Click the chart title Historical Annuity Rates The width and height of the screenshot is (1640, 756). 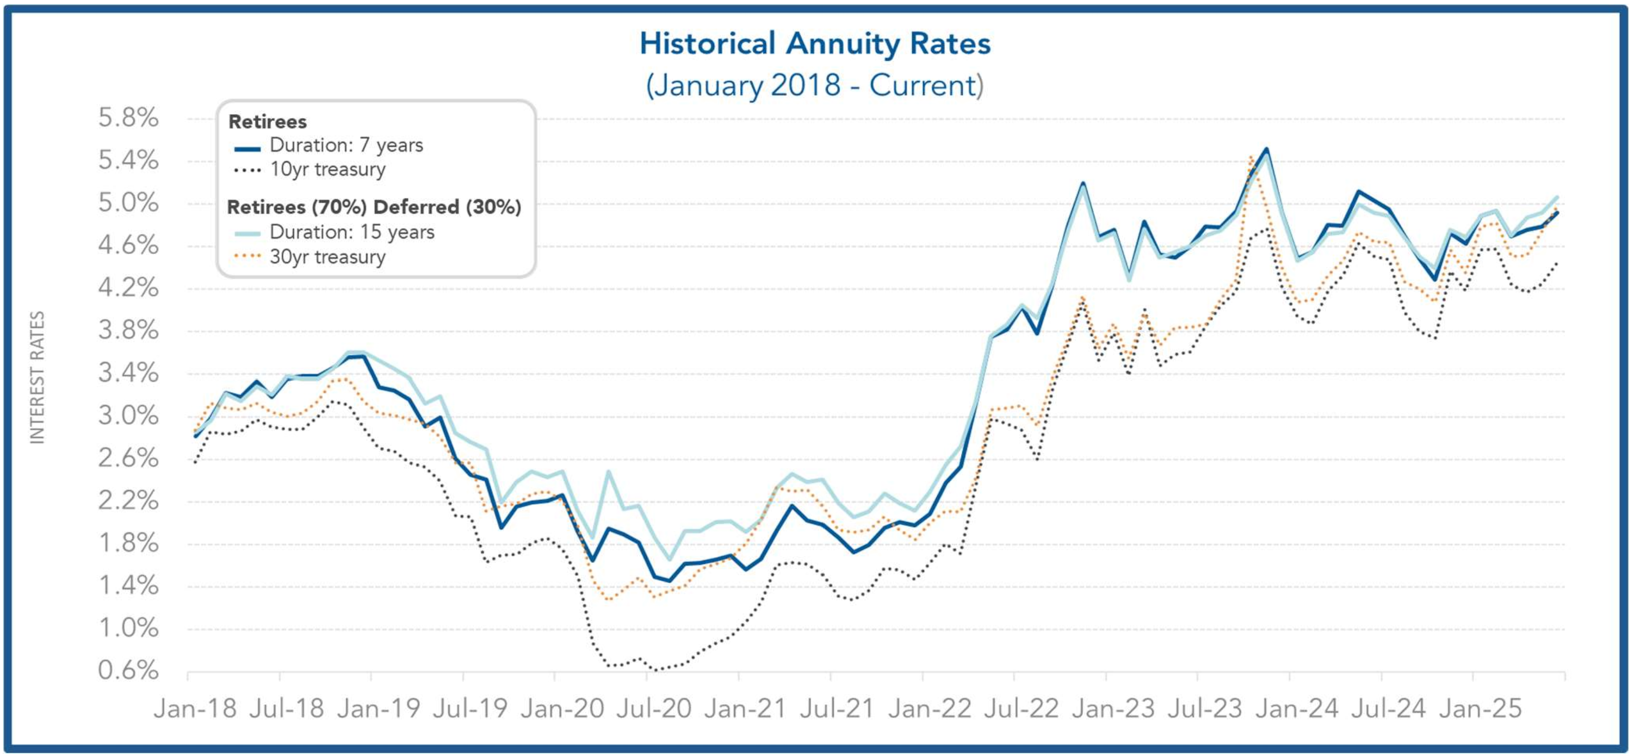[x=815, y=44]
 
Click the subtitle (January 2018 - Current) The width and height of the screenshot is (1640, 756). [x=815, y=85]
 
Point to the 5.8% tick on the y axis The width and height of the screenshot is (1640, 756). [x=128, y=117]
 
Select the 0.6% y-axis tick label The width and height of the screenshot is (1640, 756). [x=128, y=670]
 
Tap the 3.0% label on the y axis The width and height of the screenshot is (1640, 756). [x=128, y=416]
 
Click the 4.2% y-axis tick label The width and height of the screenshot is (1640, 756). [x=128, y=288]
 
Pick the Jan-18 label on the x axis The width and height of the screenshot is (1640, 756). [x=195, y=708]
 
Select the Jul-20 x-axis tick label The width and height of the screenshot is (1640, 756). [x=654, y=708]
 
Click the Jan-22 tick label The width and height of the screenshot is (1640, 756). [x=930, y=708]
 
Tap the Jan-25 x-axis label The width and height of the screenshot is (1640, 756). [x=1480, y=708]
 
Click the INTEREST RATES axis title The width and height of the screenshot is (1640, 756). [x=38, y=377]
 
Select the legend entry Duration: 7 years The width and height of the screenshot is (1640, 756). [x=346, y=146]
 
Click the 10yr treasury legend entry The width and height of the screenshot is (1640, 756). [x=327, y=170]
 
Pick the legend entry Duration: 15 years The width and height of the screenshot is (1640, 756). [x=351, y=232]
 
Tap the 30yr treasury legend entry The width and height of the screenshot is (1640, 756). [x=327, y=257]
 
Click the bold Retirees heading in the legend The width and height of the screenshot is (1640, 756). [x=268, y=121]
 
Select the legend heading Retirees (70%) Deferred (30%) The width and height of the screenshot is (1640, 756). [x=374, y=207]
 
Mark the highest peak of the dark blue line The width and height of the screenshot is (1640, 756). [x=1266, y=149]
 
